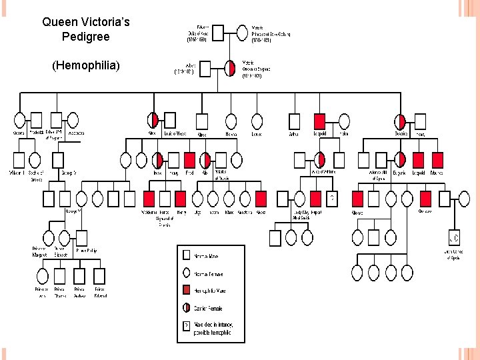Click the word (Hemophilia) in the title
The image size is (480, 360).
(x=85, y=66)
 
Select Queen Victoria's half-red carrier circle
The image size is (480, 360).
(x=231, y=68)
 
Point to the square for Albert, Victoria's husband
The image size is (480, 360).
(x=205, y=68)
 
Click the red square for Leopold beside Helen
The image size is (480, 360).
(x=319, y=121)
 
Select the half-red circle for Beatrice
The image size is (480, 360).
(x=400, y=121)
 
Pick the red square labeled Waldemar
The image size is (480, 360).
(x=149, y=198)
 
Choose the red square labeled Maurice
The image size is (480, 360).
(x=437, y=159)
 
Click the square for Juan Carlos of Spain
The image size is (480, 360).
(x=453, y=237)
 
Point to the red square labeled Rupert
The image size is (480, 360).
(x=317, y=198)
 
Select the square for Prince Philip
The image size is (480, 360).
(x=81, y=237)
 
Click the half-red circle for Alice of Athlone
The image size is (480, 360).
(x=320, y=159)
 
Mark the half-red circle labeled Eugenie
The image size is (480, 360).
(x=400, y=159)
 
